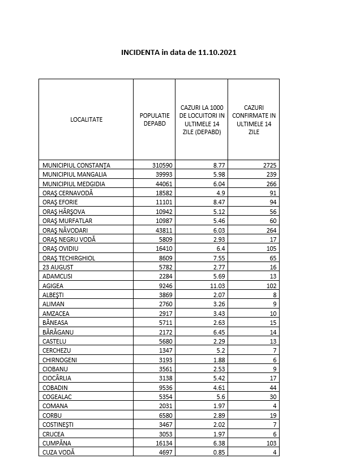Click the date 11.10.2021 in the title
[x=217, y=53]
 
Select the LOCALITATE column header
[x=86, y=119]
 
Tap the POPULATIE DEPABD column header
[x=155, y=119]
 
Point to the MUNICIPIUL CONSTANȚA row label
[x=76, y=165]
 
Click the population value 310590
[x=162, y=165]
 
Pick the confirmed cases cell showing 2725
[x=268, y=165]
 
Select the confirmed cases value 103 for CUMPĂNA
[x=270, y=443]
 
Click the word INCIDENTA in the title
[x=140, y=53]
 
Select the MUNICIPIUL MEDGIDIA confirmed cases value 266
[x=270, y=184]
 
